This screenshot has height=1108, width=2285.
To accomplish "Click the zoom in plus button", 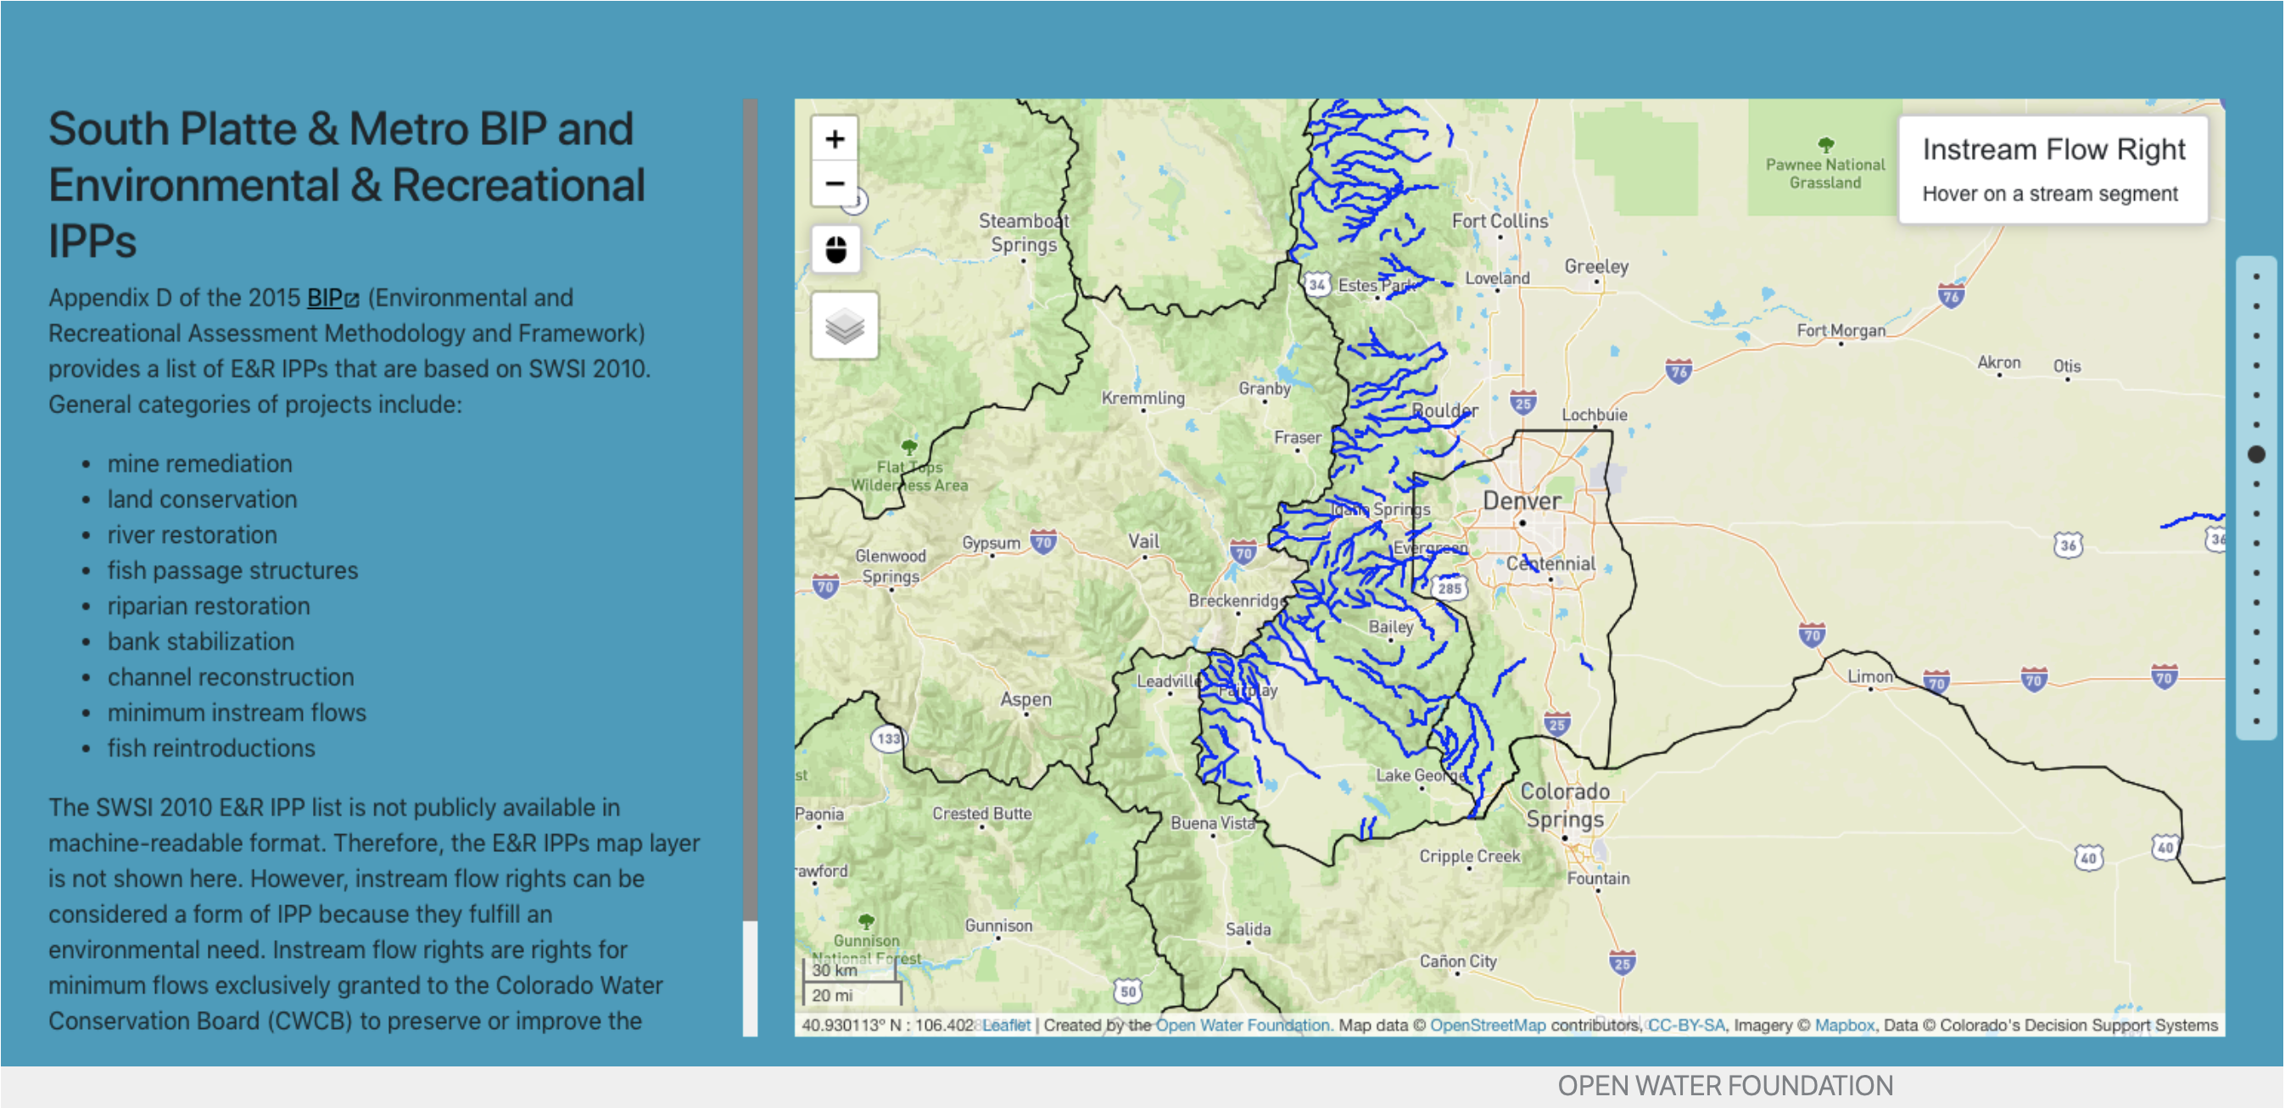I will (834, 139).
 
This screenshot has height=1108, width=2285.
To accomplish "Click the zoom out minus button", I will (834, 183).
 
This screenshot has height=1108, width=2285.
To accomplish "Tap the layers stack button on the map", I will (844, 326).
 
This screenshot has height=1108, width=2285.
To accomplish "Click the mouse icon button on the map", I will (835, 249).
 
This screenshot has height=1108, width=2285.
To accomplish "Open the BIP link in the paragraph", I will (326, 298).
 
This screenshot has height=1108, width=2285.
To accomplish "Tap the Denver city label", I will (1522, 501).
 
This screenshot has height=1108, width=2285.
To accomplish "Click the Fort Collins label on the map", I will (1498, 221).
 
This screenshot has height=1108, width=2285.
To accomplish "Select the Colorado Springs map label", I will (1565, 804).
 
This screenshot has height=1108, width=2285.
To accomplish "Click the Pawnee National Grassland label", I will (1824, 173).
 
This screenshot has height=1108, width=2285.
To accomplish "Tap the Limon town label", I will (1869, 676).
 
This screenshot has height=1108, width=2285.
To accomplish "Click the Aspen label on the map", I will (1025, 699).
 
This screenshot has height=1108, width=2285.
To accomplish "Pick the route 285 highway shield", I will (1449, 588).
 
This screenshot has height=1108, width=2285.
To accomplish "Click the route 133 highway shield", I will (888, 738).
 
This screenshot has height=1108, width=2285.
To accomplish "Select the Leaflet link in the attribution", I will (1006, 1025).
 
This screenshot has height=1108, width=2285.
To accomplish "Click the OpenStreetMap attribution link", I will (1487, 1025).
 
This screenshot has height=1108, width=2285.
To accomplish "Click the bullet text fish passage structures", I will (232, 570).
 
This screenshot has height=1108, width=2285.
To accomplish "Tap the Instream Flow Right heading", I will (2053, 149).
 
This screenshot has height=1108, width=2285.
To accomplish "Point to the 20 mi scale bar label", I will (831, 995).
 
